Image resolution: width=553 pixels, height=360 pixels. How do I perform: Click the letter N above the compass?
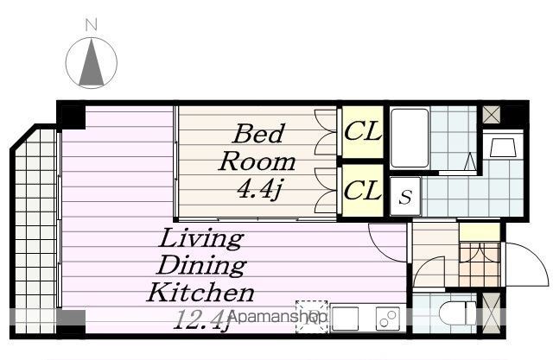(x=92, y=25)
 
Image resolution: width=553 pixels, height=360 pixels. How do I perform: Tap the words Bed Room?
(x=257, y=148)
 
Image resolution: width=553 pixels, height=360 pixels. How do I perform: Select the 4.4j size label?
(x=259, y=190)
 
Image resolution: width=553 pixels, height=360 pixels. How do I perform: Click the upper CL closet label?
(x=363, y=131)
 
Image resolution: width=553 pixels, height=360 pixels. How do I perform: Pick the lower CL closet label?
(x=363, y=191)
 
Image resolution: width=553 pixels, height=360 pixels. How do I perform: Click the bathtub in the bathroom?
(x=410, y=138)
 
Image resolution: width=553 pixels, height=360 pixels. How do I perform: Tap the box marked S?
(x=405, y=196)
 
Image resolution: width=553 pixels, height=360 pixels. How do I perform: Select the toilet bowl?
(x=458, y=313)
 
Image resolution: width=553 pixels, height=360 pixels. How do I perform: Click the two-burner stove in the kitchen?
(x=388, y=319)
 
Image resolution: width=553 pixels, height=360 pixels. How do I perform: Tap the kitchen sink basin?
(x=344, y=319)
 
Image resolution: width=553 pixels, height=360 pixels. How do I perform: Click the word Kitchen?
(x=200, y=293)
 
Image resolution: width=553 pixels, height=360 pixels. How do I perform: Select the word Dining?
(x=201, y=265)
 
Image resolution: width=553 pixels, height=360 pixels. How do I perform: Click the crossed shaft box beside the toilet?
(x=492, y=313)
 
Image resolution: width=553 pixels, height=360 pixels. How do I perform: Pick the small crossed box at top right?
(x=492, y=115)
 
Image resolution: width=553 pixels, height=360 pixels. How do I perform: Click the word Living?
(x=201, y=239)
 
